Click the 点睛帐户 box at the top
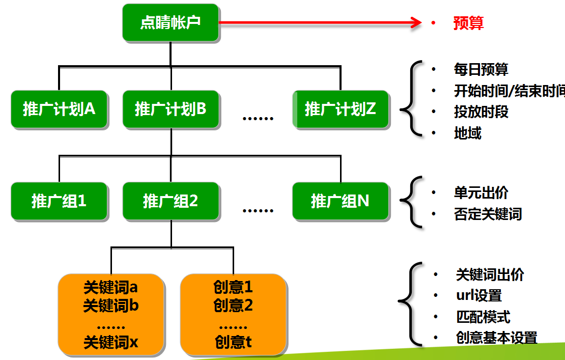coord(171,23)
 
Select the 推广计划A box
coord(59,109)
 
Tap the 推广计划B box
coord(171,109)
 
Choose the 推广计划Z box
coord(340,109)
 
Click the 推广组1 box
coord(59,201)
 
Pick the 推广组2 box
coord(171,201)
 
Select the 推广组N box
coord(340,201)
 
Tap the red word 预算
coord(468,23)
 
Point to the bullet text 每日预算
coord(481,69)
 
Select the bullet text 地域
coord(468,133)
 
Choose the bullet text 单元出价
coord(481,193)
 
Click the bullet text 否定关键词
coord(488,214)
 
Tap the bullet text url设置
coord(479,295)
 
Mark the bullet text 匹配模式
coord(483,317)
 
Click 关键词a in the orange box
coord(110,288)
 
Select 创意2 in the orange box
coord(233,306)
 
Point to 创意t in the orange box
coord(233,342)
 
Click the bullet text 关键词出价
coord(490,275)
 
